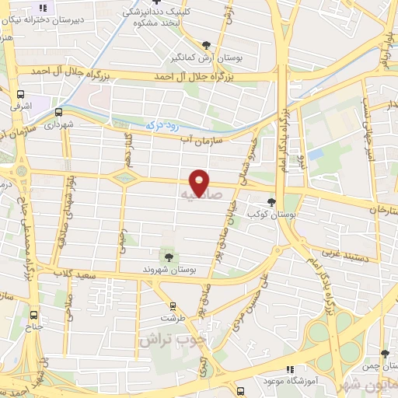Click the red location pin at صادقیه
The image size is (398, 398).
(200, 182)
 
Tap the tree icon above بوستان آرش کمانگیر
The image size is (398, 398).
(205, 45)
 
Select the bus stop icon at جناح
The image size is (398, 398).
(33, 315)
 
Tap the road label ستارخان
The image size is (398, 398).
(382, 211)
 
